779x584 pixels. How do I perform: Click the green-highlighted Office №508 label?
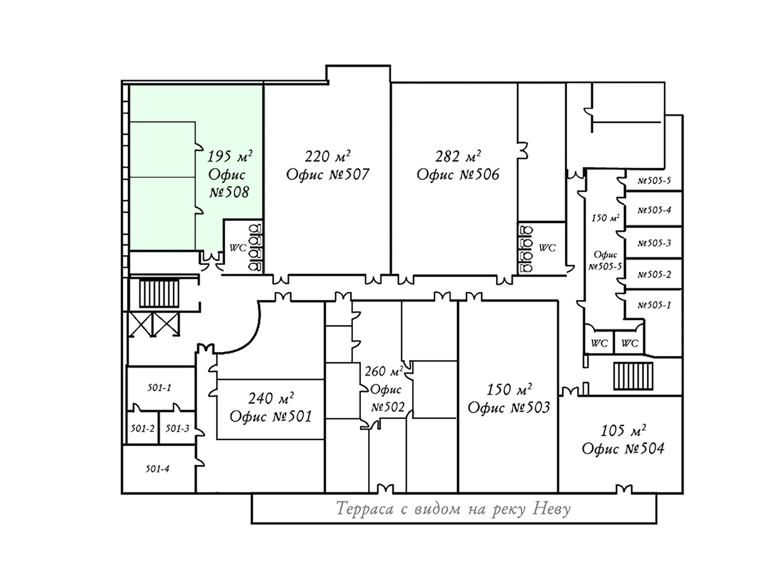click(x=228, y=183)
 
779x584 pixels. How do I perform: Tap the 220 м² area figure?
click(x=327, y=156)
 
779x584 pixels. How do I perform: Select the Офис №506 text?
click(x=458, y=175)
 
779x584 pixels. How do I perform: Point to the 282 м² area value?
click(x=458, y=156)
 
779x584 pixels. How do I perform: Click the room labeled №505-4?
click(x=654, y=210)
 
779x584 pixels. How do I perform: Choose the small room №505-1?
click(x=654, y=305)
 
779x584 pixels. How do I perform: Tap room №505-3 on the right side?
click(x=654, y=243)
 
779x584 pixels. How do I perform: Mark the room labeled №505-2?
click(x=654, y=275)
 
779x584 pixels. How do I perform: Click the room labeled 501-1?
click(x=159, y=388)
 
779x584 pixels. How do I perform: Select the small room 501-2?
click(x=142, y=429)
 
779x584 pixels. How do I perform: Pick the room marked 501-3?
click(x=177, y=429)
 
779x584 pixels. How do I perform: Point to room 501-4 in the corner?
click(x=157, y=469)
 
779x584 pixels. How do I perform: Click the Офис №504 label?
click(x=623, y=449)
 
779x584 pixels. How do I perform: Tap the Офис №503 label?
click(x=509, y=407)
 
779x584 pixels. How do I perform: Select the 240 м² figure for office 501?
click(x=271, y=399)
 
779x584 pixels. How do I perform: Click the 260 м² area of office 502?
click(x=384, y=371)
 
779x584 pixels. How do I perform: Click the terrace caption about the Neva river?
click(x=454, y=509)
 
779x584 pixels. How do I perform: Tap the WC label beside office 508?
click(x=238, y=248)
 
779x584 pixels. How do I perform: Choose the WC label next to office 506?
click(x=547, y=248)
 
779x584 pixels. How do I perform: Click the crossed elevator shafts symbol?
click(x=154, y=324)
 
